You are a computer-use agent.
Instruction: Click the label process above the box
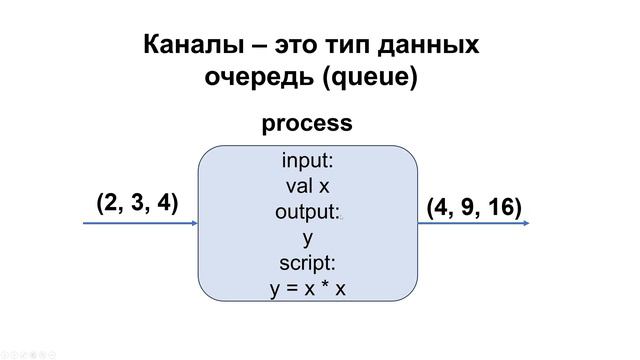[307, 124]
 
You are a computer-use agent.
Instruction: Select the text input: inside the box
[307, 161]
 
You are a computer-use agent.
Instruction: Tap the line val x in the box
[307, 186]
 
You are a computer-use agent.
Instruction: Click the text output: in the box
[307, 212]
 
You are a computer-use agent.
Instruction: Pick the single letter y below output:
[307, 239]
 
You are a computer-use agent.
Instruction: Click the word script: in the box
[307, 264]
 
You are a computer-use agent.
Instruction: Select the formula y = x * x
[307, 290]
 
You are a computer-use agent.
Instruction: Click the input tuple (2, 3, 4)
[137, 203]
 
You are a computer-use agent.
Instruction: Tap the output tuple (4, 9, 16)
[474, 207]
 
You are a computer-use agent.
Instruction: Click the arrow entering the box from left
[140, 224]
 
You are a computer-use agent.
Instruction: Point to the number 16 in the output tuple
[504, 207]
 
